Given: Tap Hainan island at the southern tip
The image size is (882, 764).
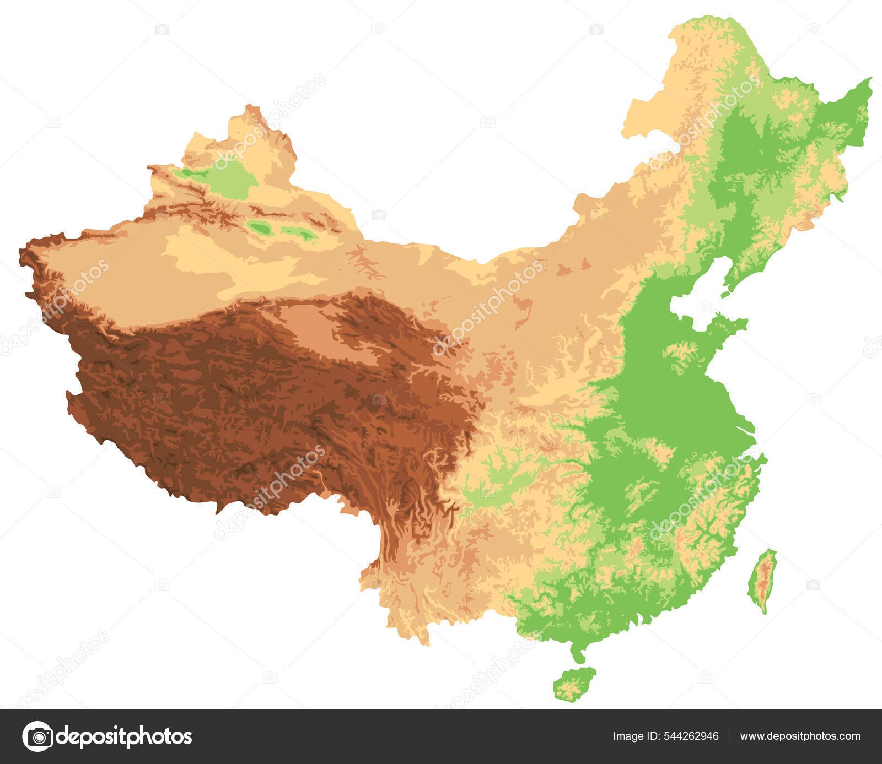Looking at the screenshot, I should click(x=574, y=685).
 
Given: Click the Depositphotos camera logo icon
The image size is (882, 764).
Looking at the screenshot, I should click(x=37, y=736).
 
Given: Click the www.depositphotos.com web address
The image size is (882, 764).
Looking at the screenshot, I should click(x=800, y=736).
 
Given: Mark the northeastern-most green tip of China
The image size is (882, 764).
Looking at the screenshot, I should click(x=868, y=83).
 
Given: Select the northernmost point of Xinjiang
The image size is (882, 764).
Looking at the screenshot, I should click(x=251, y=106).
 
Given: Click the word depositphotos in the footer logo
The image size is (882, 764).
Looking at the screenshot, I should click(x=125, y=736).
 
